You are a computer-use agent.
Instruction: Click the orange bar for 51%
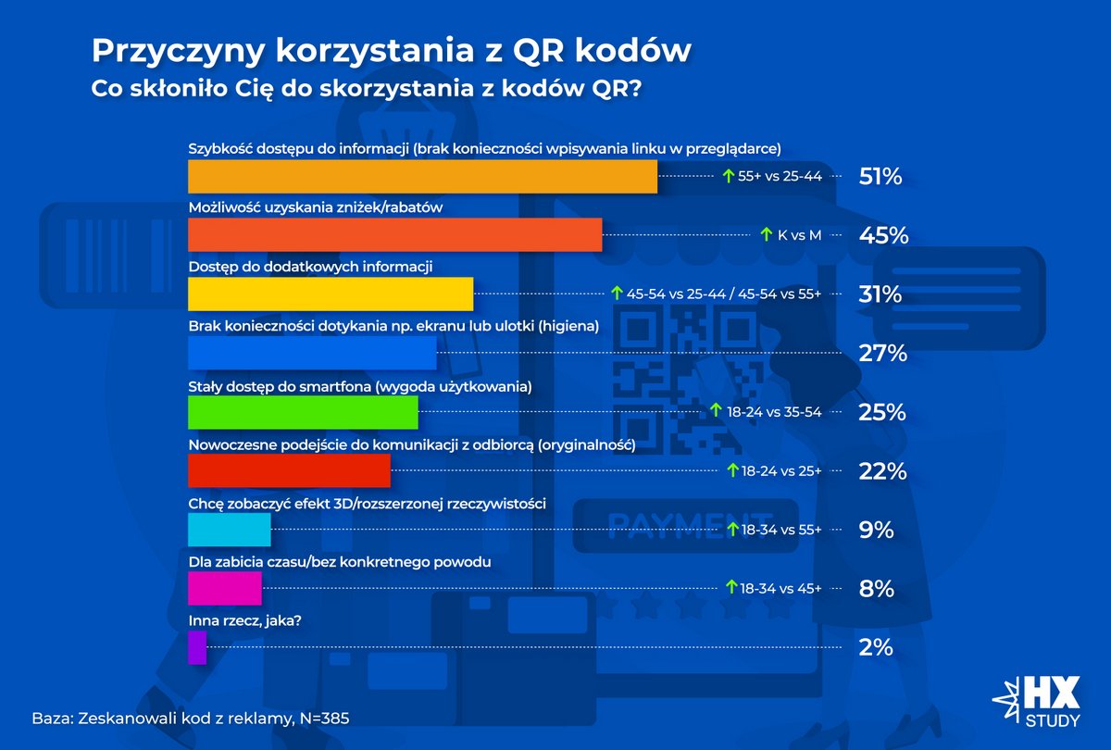click(422, 177)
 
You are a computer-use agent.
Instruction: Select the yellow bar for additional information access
click(331, 294)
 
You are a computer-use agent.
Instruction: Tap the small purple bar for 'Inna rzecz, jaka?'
click(197, 647)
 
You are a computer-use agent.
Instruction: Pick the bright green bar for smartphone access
click(303, 412)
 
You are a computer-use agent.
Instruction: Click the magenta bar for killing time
click(225, 588)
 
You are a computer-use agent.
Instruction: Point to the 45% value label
click(883, 235)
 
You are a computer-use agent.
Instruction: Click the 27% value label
click(880, 354)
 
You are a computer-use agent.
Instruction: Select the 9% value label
click(876, 530)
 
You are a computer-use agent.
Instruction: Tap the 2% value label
click(876, 647)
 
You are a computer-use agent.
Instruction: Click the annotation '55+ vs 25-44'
click(780, 176)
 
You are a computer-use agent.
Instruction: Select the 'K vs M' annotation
click(799, 235)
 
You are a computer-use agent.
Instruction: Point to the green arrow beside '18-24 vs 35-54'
click(715, 411)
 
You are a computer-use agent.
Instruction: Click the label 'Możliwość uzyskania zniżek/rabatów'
click(316, 208)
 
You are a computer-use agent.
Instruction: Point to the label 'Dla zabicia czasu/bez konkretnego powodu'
click(339, 562)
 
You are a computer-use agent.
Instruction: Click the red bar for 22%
click(289, 471)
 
